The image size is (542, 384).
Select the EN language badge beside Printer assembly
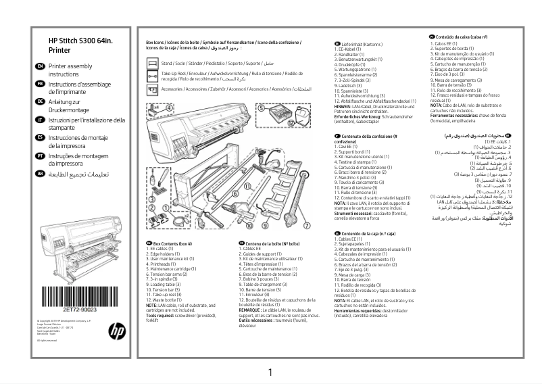(x=40, y=66)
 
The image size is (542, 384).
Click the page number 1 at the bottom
(x=270, y=372)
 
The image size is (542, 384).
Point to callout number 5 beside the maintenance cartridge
(x=261, y=107)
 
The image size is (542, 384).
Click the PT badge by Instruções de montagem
(x=40, y=156)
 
